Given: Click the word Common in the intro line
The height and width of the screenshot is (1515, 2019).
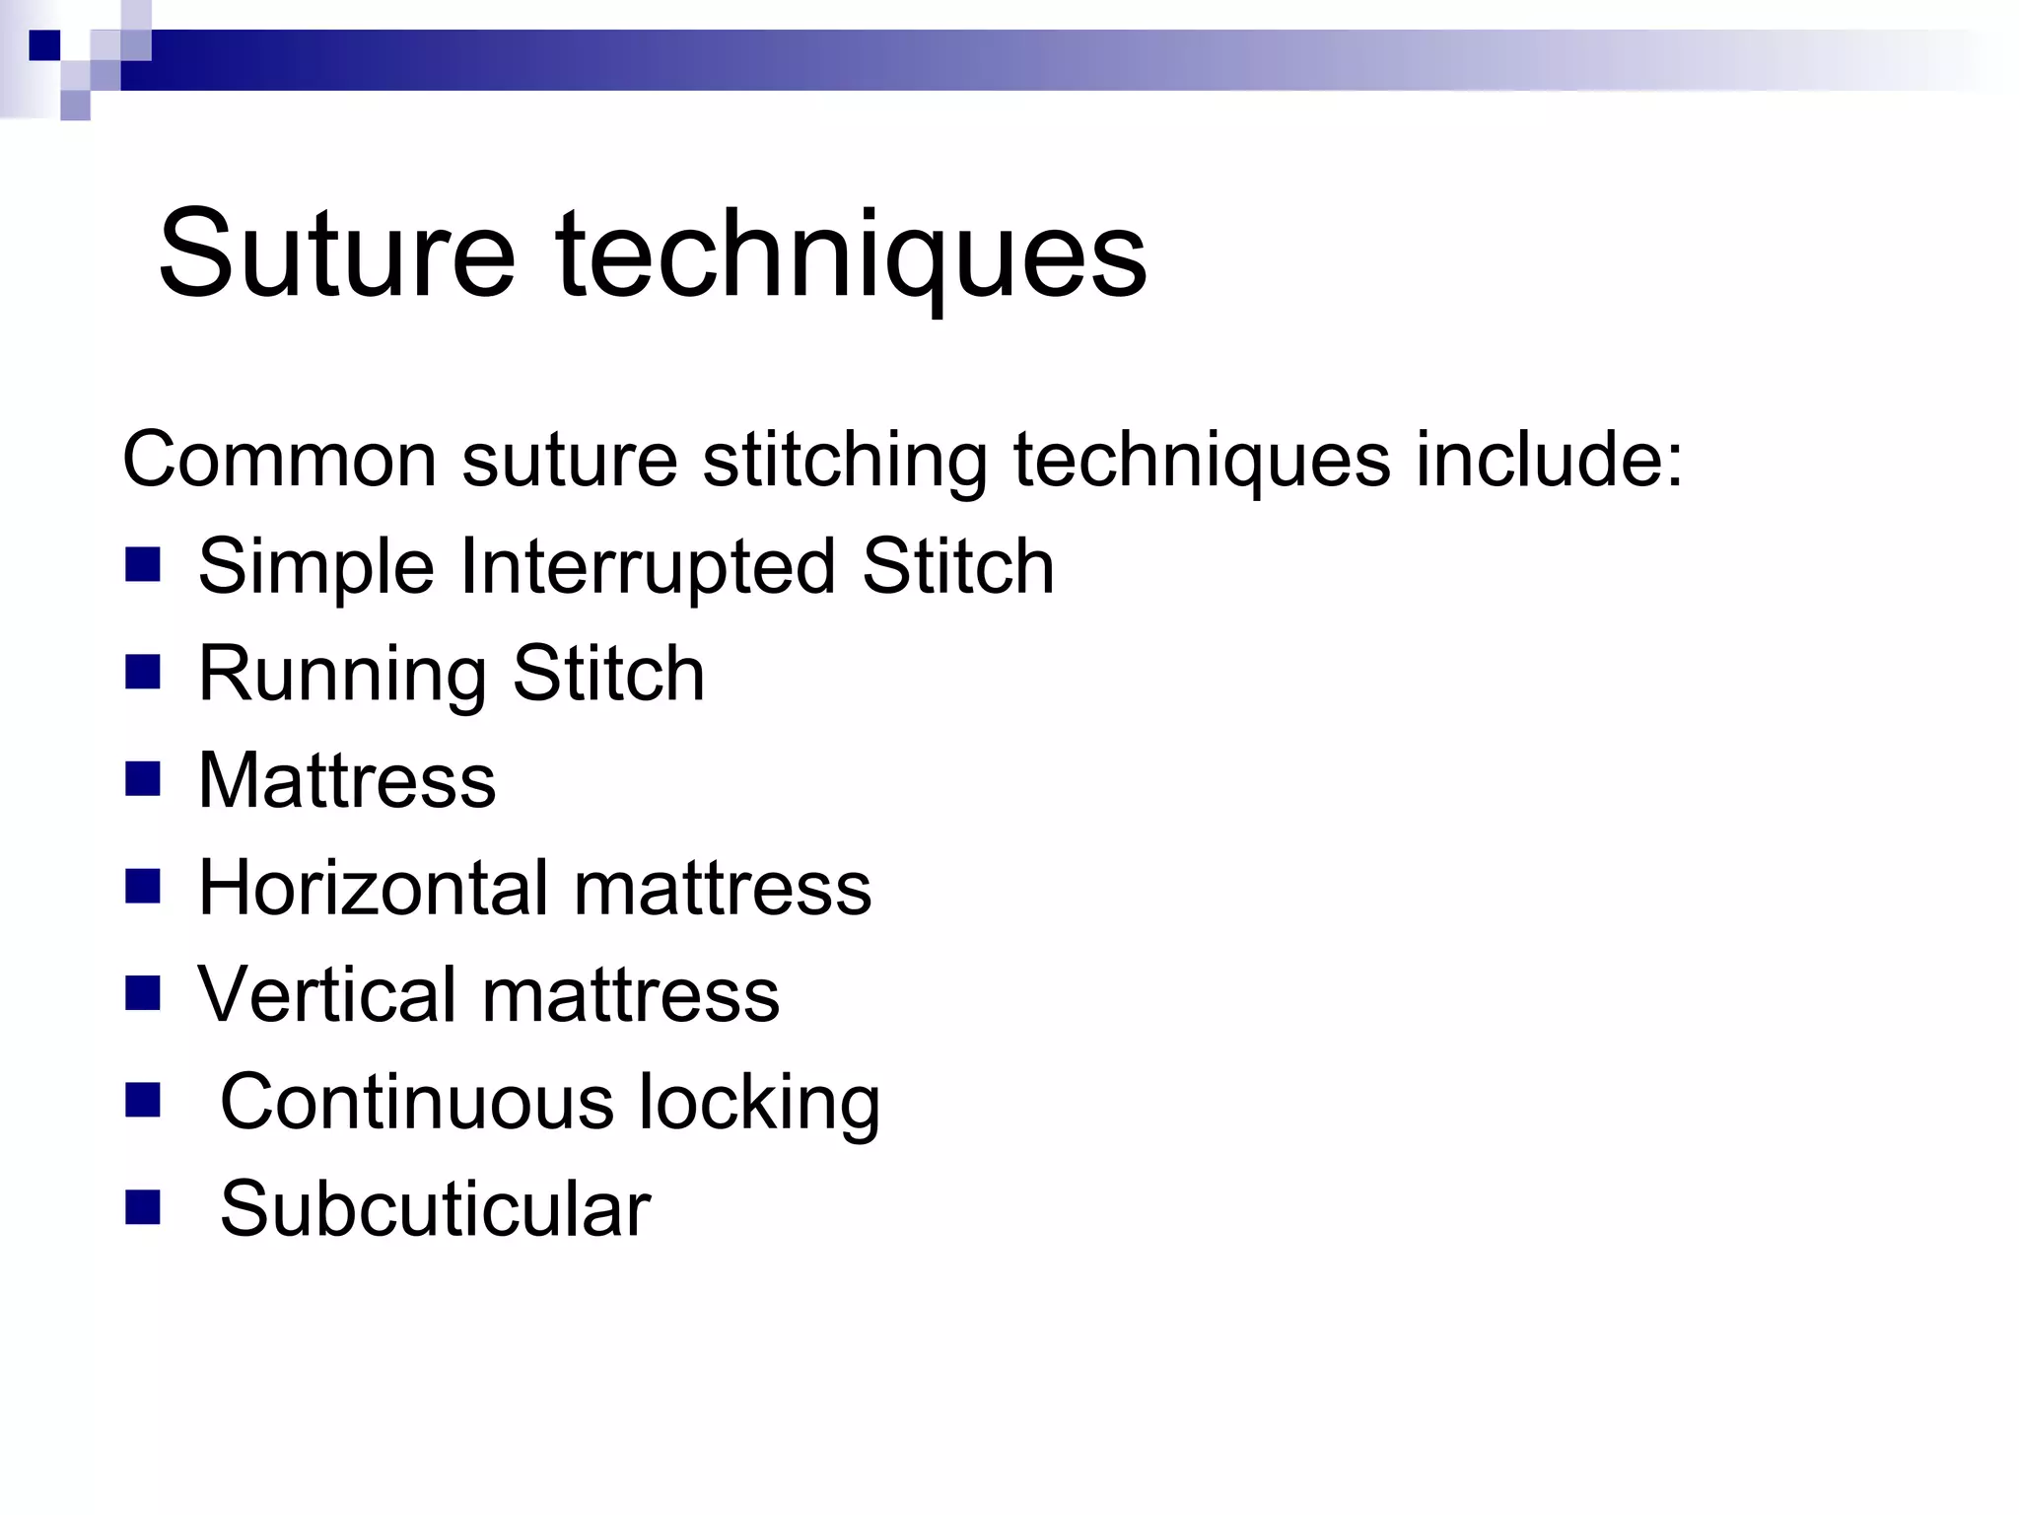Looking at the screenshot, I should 279,460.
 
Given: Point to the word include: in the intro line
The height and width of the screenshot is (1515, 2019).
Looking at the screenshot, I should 1549,460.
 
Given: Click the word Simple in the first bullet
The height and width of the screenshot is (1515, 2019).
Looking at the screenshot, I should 316,568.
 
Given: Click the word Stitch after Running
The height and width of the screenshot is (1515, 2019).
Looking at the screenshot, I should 608,673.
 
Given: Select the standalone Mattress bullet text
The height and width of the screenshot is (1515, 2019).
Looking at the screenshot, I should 347,780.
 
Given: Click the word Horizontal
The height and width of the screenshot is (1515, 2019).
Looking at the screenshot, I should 372,888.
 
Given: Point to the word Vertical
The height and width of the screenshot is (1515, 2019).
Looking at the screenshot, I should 326,994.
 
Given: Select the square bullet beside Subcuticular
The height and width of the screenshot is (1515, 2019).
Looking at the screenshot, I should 143,1207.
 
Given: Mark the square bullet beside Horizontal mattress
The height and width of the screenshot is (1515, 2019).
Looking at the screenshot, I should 143,886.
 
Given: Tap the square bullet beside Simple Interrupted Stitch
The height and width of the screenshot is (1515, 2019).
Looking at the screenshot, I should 143,565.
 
